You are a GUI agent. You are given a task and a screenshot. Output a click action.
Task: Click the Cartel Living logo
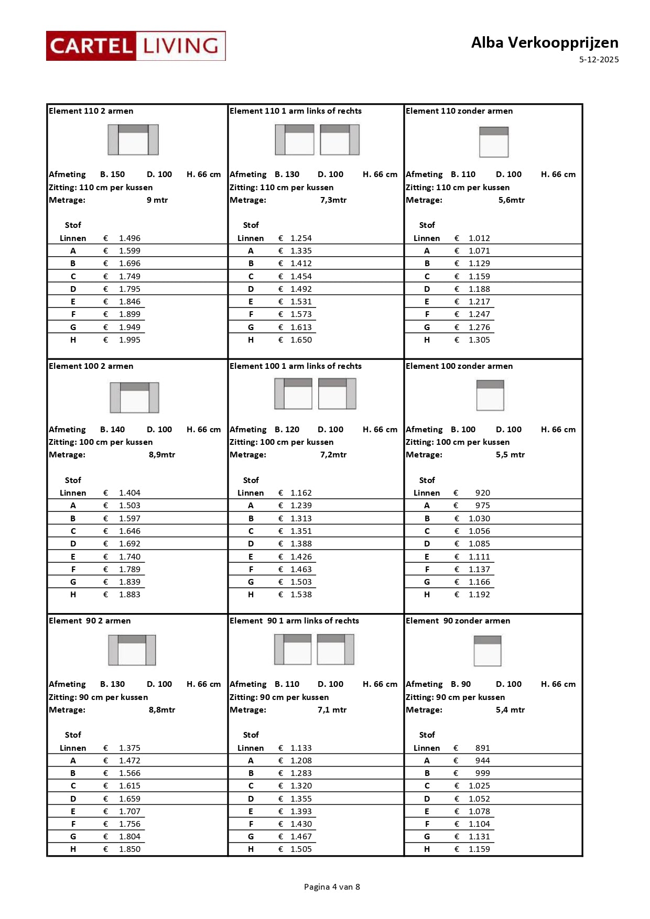click(x=136, y=46)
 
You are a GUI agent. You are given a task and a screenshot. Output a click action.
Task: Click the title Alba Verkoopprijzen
click(x=544, y=42)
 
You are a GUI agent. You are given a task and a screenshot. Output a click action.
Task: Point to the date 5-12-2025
click(x=599, y=60)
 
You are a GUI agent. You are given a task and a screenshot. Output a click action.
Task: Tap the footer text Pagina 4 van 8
click(x=332, y=887)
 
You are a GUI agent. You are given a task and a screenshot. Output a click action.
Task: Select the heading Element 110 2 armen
click(x=91, y=111)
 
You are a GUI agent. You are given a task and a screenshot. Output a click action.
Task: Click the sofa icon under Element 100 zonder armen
click(x=490, y=395)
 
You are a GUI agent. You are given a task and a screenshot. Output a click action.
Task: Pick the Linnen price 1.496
click(x=129, y=238)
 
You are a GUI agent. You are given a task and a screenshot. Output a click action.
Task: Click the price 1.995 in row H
click(x=129, y=340)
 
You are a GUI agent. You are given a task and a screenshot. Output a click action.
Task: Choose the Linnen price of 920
click(x=482, y=493)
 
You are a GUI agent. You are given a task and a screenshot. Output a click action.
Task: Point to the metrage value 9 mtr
click(x=157, y=200)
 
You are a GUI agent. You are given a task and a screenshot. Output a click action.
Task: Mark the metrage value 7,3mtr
click(x=333, y=200)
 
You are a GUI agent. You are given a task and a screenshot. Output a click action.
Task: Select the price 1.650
click(x=301, y=340)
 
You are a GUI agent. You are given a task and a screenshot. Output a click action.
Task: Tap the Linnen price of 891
click(x=482, y=748)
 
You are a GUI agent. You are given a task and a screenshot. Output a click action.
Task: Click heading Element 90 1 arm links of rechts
click(x=294, y=621)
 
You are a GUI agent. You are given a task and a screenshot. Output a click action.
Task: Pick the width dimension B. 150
click(x=112, y=174)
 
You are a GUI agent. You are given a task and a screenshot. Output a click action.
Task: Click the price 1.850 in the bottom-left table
click(x=129, y=849)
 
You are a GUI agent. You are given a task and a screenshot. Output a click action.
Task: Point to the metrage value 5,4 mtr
click(x=510, y=710)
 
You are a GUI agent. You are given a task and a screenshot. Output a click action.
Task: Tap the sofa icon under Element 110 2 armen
click(x=133, y=140)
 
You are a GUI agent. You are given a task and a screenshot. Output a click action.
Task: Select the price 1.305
click(x=479, y=340)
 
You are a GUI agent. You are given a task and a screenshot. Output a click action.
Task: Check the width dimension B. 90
click(x=461, y=684)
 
